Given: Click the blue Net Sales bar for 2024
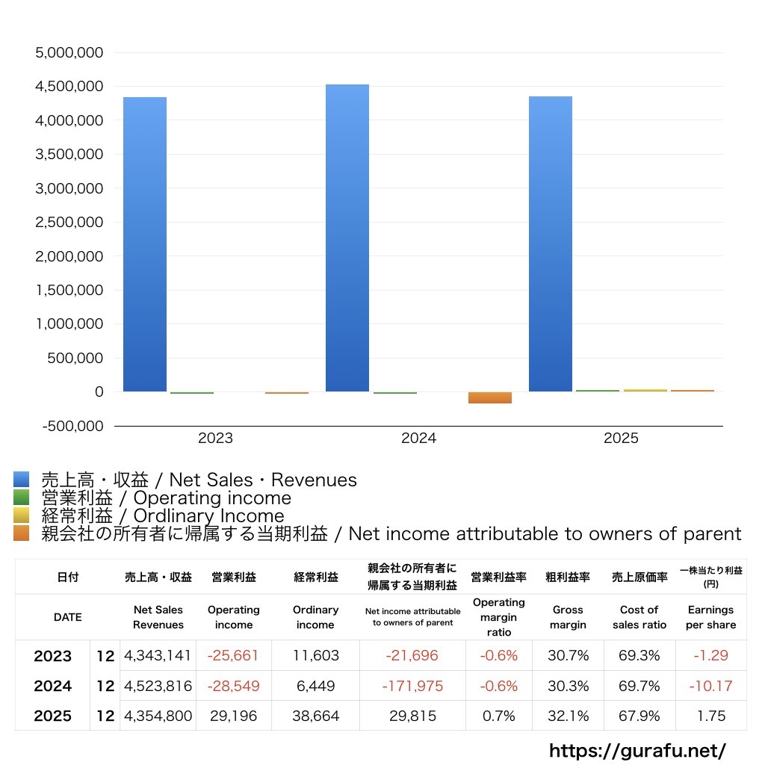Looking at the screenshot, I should [347, 239].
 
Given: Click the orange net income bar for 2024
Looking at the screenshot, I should [490, 397].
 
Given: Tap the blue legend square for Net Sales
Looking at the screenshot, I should [21, 480].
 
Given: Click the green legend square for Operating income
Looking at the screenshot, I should [21, 498].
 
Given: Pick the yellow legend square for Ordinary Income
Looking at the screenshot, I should [21, 515].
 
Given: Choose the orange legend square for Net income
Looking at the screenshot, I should [21, 533].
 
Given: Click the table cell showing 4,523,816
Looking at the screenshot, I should [158, 686].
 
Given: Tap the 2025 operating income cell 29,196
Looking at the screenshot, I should [233, 716].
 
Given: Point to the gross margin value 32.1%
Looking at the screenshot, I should [568, 716].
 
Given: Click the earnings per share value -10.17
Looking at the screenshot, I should [710, 686].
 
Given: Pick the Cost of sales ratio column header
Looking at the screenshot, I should [639, 617].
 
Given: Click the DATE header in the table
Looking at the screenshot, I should [67, 617].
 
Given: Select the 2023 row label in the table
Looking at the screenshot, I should [53, 656].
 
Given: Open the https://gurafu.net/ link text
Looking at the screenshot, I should [637, 749].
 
